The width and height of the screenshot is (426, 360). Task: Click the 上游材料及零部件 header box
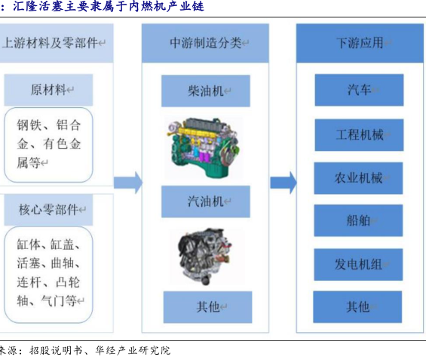point(57,43)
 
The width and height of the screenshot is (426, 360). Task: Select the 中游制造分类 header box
point(205,43)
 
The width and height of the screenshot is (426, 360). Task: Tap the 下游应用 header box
point(360,43)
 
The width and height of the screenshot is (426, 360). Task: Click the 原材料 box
point(48,90)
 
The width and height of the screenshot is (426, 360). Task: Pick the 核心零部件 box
point(48,210)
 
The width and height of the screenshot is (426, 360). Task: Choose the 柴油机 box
point(206,91)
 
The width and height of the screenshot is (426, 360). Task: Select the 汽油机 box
point(206,202)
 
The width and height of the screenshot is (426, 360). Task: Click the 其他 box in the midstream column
point(207,307)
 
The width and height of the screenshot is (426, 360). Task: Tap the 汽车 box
point(359,90)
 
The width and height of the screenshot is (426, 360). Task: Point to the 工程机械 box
point(359,135)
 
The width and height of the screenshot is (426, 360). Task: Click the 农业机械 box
point(358,178)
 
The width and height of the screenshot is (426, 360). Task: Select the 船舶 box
point(358,220)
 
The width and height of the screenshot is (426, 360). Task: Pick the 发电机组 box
point(358,264)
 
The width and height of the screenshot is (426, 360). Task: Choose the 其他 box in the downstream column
point(357,306)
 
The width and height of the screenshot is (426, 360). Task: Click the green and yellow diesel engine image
point(204,148)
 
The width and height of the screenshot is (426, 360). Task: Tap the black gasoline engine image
point(206,256)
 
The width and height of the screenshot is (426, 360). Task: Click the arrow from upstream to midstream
point(128,183)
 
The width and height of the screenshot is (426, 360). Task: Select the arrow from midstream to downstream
point(283,183)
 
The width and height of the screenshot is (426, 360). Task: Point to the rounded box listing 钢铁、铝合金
point(48,145)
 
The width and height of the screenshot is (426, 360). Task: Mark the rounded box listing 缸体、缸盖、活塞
point(48,275)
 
